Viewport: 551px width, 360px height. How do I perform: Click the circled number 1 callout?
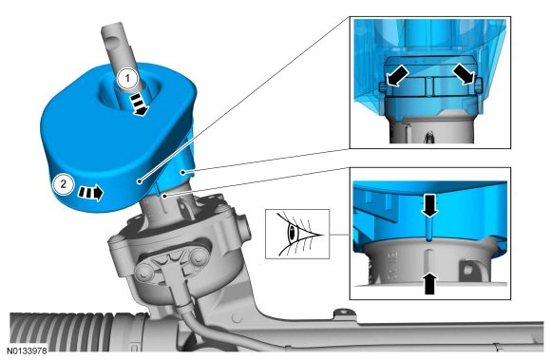pos(127,78)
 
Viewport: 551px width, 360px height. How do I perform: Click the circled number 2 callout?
pos(64,183)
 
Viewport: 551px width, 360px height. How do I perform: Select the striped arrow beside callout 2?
pos(90,192)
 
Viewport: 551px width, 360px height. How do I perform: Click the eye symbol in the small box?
pos(298,234)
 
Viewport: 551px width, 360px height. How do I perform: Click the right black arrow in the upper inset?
pos(464,74)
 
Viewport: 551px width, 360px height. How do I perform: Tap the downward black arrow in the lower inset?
pos(429,204)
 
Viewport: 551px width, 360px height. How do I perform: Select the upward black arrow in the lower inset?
pos(429,284)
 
